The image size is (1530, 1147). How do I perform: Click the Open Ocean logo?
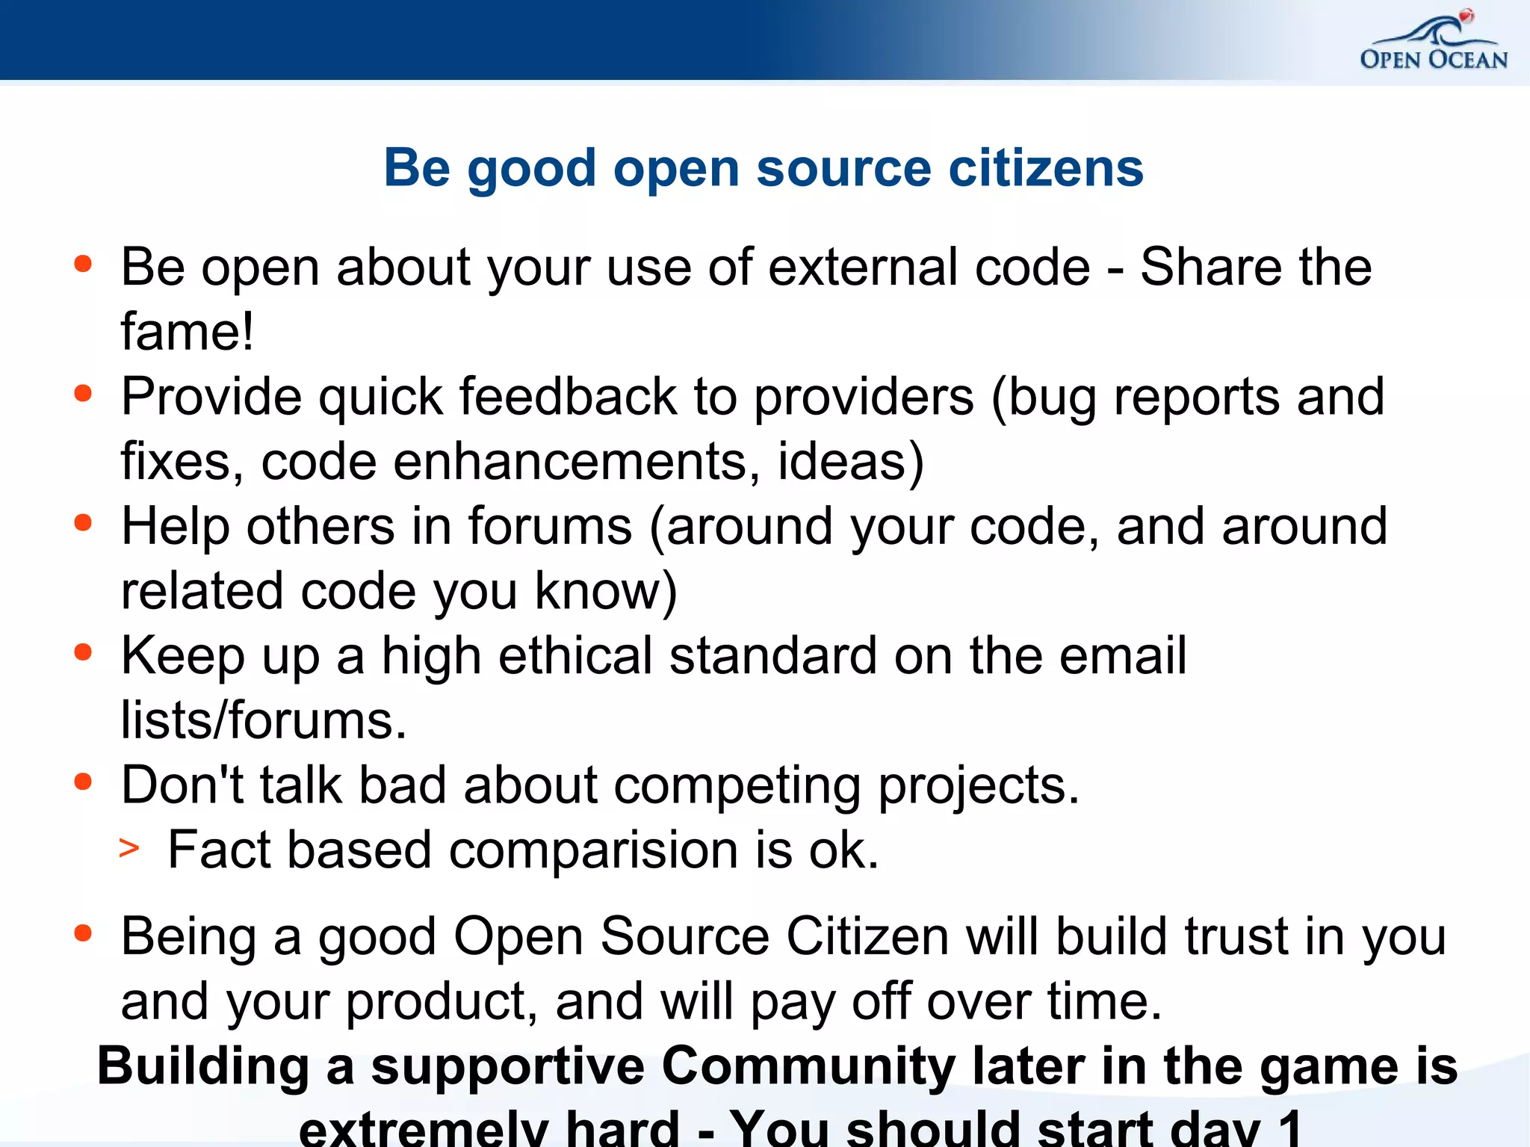(x=1434, y=43)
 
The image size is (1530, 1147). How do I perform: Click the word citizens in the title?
(x=1046, y=168)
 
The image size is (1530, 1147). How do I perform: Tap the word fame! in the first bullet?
(x=188, y=332)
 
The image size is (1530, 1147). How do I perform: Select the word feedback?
(x=567, y=397)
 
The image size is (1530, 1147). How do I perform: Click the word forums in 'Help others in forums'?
(x=550, y=527)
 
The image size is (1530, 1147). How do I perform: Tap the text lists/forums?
(x=264, y=721)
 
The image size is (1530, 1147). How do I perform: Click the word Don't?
(x=182, y=785)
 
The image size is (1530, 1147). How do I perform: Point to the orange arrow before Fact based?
(x=129, y=849)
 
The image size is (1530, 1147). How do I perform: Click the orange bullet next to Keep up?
(x=83, y=653)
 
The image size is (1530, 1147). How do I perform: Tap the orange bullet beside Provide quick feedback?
(x=83, y=394)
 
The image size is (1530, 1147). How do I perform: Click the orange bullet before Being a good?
(x=83, y=933)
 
